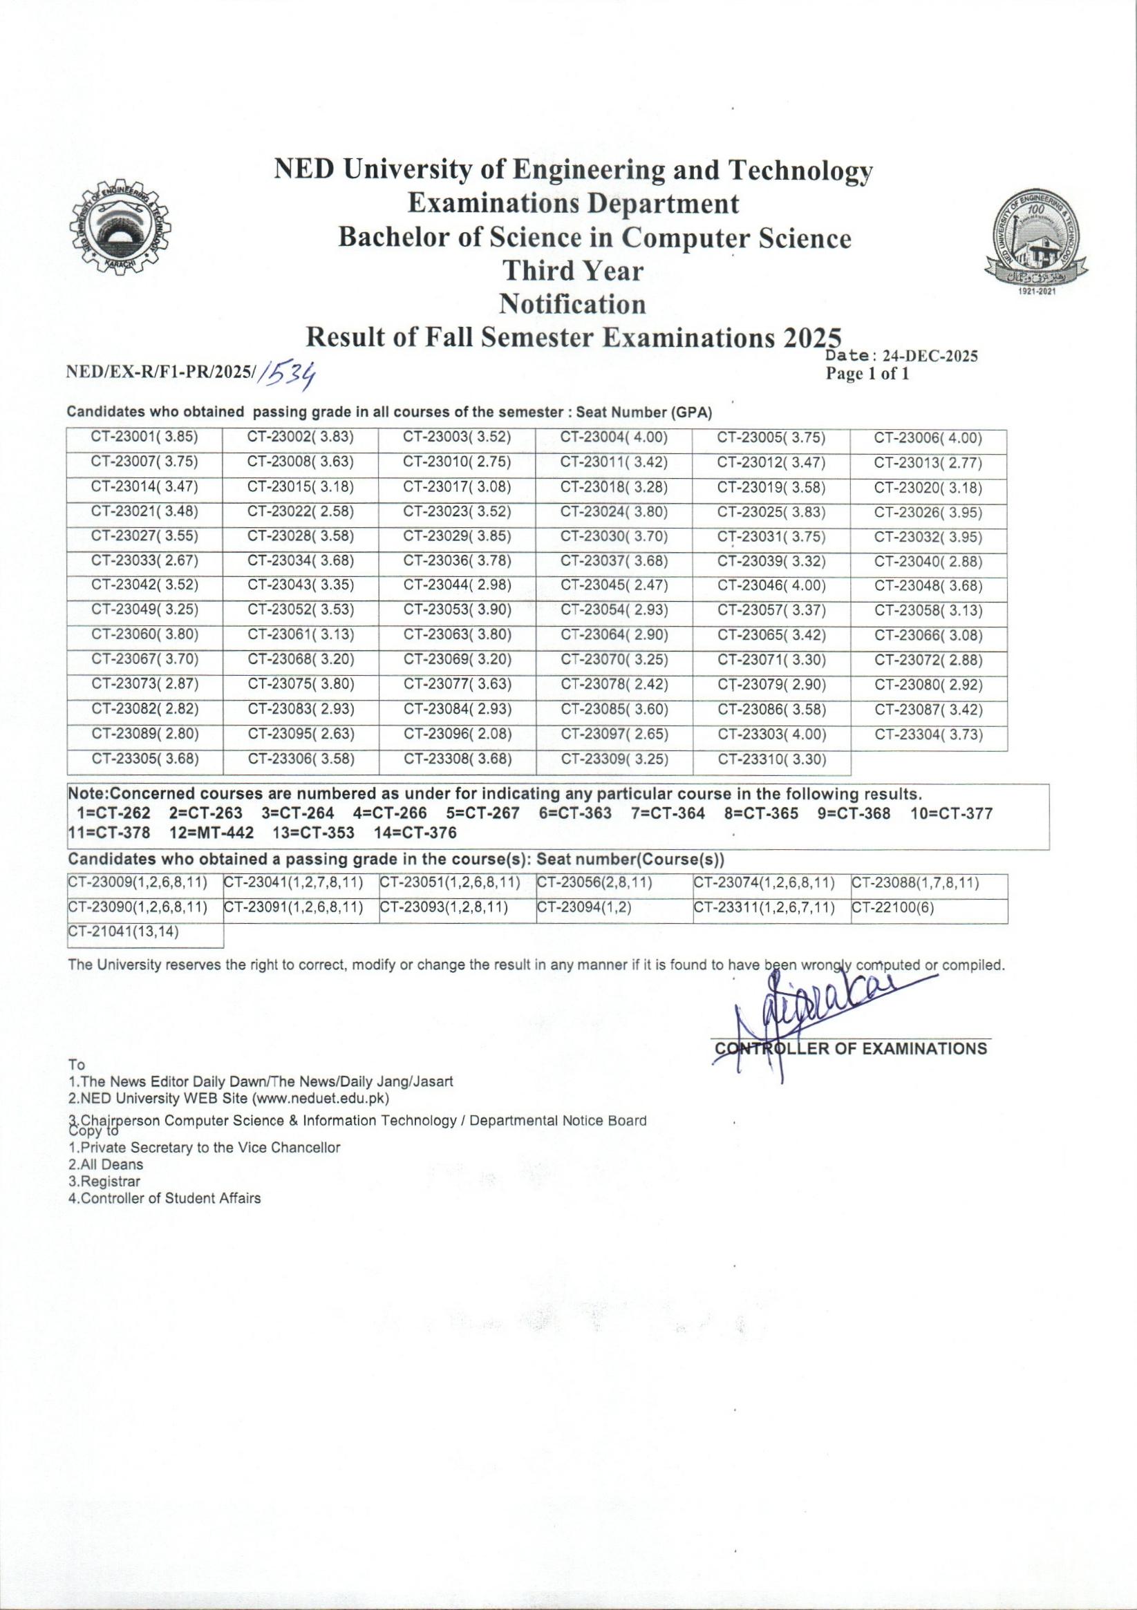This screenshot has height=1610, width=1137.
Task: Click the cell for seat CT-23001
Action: point(144,438)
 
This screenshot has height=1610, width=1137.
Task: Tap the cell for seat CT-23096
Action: point(457,735)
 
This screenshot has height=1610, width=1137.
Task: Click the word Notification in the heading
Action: point(572,304)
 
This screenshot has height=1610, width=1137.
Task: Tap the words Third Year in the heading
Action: point(573,271)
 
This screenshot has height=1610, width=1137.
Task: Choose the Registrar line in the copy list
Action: point(104,1181)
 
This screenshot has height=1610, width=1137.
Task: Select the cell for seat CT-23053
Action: point(457,610)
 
